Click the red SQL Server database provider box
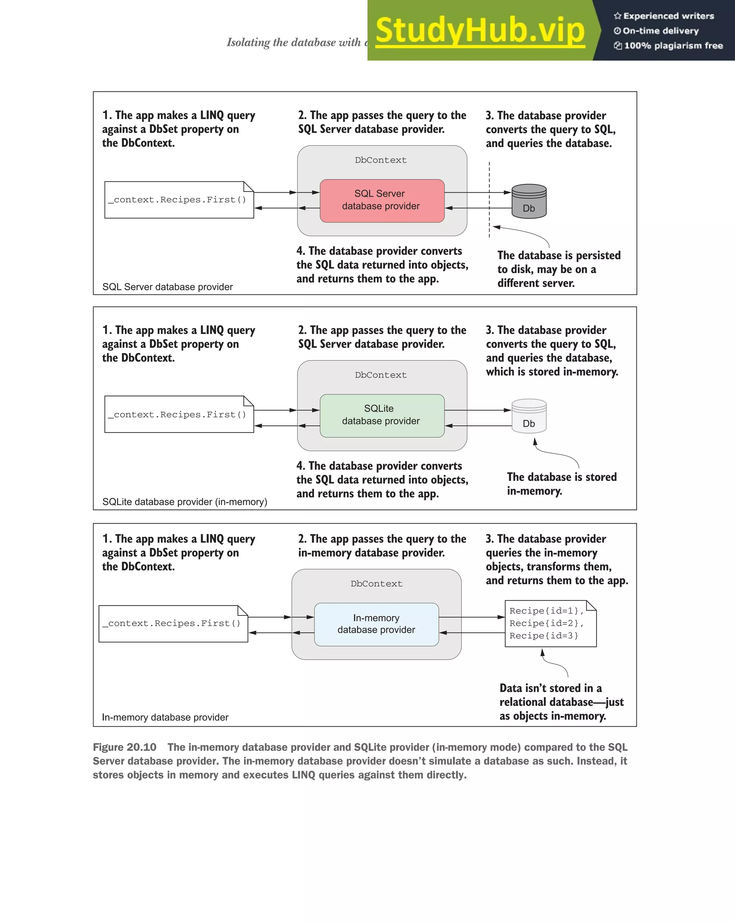[x=382, y=201]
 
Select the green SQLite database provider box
[x=382, y=415]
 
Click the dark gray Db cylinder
[x=529, y=201]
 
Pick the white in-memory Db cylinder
[x=529, y=416]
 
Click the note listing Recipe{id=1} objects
[x=550, y=623]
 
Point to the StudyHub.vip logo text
[x=480, y=31]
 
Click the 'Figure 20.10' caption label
[x=125, y=747]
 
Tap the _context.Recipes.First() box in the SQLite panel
[x=179, y=415]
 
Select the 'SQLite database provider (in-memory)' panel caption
[x=185, y=502]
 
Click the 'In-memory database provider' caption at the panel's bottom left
[x=165, y=717]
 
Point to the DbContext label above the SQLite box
[x=380, y=375]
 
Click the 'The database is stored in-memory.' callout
[x=561, y=484]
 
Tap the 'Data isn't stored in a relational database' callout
[x=561, y=702]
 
